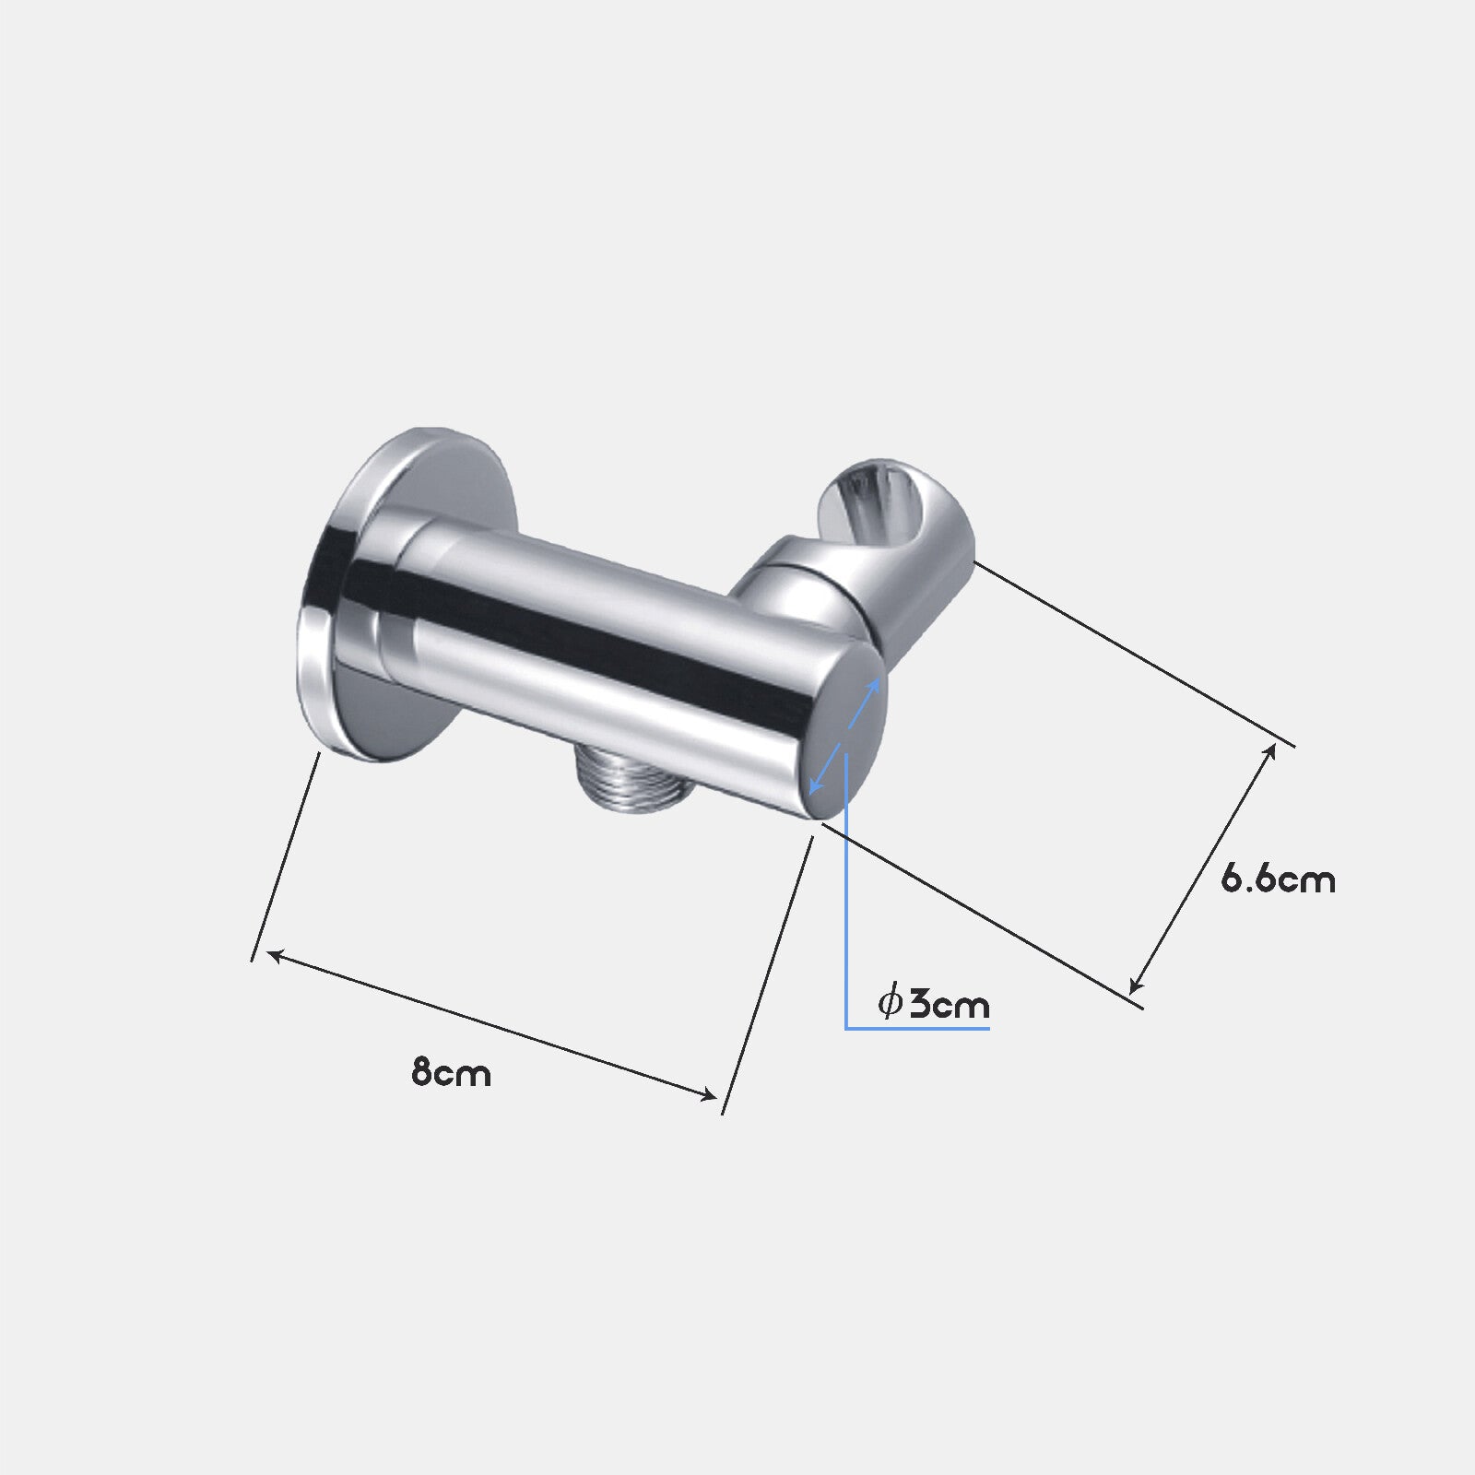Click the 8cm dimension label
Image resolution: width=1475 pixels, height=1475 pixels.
click(x=451, y=1073)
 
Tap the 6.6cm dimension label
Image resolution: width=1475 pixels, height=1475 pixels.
click(x=1278, y=879)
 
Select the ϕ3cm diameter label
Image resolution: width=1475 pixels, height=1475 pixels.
click(x=933, y=1002)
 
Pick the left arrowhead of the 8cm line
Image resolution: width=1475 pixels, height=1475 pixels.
click(x=274, y=956)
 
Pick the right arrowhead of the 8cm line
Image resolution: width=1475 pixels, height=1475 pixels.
click(x=707, y=1094)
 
